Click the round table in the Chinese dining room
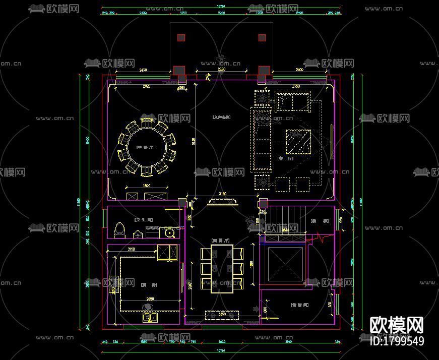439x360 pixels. [x=146, y=147]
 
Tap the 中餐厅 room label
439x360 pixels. [x=145, y=147]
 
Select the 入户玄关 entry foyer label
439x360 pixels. [x=221, y=117]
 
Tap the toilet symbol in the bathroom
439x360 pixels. [x=119, y=229]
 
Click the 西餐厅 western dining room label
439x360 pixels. [x=221, y=241]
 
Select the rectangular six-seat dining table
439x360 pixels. [x=222, y=268]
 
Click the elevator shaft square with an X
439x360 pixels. [x=285, y=264]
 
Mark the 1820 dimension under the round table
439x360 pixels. [x=147, y=186]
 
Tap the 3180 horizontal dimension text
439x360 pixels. [x=222, y=194]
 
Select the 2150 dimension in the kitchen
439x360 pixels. [x=131, y=250]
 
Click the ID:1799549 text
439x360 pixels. [x=397, y=341]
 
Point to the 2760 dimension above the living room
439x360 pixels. [x=296, y=87]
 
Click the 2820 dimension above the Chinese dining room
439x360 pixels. [x=147, y=87]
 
